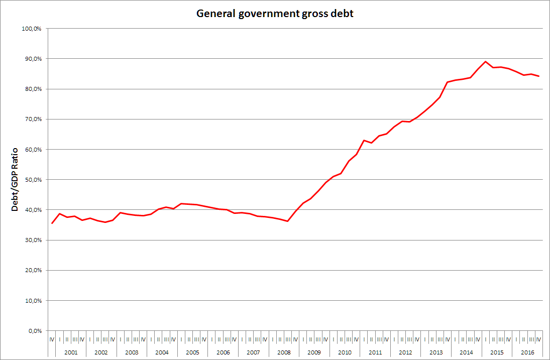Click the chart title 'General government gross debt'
[x=275, y=14]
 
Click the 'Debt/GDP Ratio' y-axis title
[x=15, y=179]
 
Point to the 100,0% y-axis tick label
[x=32, y=29]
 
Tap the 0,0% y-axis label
[x=35, y=331]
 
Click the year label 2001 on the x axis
[x=71, y=352]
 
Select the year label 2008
[x=284, y=352]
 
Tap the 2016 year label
[x=527, y=352]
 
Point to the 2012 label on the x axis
[x=405, y=352]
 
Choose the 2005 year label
[x=192, y=352]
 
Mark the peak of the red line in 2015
[x=485, y=62]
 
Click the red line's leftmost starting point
[x=52, y=223]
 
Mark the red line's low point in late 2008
[x=288, y=221]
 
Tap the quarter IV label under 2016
[x=539, y=339]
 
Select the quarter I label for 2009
[x=303, y=339]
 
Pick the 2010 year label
[x=345, y=352]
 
